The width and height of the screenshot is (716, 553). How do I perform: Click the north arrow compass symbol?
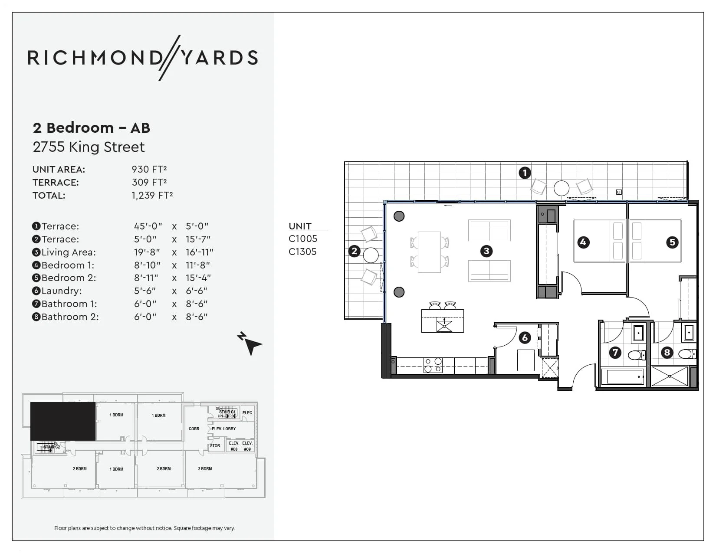click(250, 344)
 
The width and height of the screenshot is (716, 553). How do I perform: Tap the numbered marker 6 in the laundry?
click(525, 337)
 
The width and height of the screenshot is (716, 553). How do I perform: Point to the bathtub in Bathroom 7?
click(622, 376)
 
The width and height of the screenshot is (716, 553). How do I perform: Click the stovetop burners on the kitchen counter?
click(433, 365)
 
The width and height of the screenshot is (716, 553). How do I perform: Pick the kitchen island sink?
click(444, 325)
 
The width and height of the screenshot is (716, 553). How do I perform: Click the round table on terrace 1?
click(561, 188)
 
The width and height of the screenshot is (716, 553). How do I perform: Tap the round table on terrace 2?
click(371, 255)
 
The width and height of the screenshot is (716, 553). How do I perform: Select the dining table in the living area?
click(429, 252)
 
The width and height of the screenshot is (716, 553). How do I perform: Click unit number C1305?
click(302, 252)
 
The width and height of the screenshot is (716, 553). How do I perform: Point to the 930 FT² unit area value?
click(149, 169)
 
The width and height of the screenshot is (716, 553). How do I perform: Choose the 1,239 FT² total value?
click(152, 195)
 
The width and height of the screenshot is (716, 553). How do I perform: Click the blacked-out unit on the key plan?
click(63, 421)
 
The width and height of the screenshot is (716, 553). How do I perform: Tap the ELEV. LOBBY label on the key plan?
click(223, 429)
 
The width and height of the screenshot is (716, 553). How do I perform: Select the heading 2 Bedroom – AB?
click(92, 128)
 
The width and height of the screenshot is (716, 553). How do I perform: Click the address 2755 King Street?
click(89, 147)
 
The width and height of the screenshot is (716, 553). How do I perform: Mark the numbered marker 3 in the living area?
click(486, 251)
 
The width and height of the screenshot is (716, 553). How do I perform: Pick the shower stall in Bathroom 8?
click(670, 376)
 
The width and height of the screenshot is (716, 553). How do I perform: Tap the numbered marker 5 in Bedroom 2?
click(672, 242)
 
